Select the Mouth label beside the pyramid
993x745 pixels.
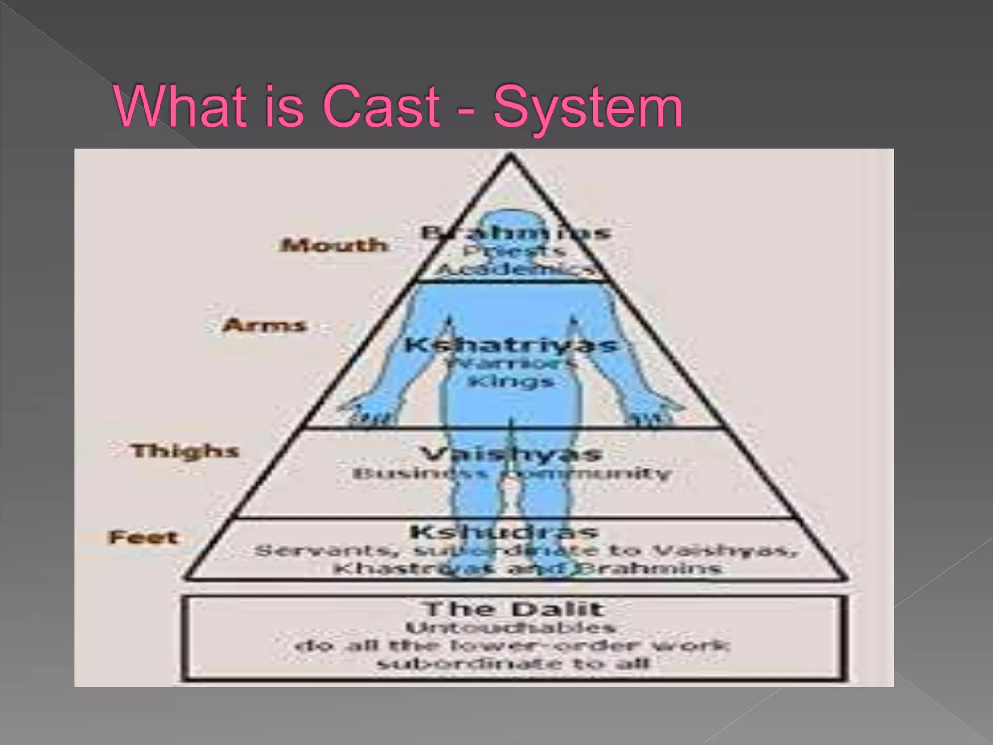tap(334, 245)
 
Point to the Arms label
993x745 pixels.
tap(265, 325)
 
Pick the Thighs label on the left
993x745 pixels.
tap(185, 451)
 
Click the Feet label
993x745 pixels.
tap(144, 537)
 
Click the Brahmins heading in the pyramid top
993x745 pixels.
tap(515, 232)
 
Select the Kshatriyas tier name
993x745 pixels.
tap(512, 345)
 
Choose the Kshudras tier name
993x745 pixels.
tap(504, 532)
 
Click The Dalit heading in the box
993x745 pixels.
tap(513, 609)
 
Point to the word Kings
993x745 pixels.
tap(511, 381)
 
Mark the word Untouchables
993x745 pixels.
tap(511, 628)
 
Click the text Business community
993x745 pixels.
tap(512, 473)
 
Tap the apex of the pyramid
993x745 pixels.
tap(511, 156)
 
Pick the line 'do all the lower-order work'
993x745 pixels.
tap(512, 646)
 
